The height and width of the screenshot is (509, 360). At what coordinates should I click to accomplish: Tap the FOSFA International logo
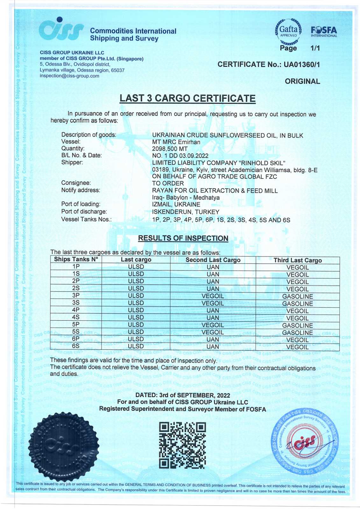(x=323, y=32)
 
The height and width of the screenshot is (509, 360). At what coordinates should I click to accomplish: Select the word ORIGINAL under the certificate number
(x=302, y=81)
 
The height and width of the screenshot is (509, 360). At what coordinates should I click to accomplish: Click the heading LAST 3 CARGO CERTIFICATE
(x=187, y=98)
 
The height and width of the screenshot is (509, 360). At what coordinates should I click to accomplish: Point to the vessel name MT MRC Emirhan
(x=176, y=142)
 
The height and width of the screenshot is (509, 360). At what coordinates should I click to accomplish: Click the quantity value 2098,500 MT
(x=170, y=149)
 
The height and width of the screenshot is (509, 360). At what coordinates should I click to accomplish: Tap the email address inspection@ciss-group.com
(x=69, y=76)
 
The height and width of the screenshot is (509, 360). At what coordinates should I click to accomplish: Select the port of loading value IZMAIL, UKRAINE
(x=176, y=205)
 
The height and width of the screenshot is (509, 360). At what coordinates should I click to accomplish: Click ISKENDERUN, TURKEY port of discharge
(x=186, y=212)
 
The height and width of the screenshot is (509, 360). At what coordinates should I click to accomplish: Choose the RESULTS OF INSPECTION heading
(x=183, y=238)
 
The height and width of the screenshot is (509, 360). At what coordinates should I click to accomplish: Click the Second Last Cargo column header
(x=213, y=260)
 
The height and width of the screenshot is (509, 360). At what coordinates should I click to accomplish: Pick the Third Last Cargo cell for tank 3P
(x=297, y=296)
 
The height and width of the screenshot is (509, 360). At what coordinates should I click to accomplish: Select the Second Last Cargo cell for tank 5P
(x=213, y=325)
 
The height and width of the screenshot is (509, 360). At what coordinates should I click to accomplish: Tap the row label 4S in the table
(x=76, y=317)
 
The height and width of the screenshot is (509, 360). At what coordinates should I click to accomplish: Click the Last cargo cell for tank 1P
(x=136, y=267)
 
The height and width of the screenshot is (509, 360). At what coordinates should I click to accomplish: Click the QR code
(x=182, y=445)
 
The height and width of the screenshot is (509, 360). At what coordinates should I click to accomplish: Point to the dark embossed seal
(x=63, y=446)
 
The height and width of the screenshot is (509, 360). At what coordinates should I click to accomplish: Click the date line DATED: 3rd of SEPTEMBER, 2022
(x=182, y=395)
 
